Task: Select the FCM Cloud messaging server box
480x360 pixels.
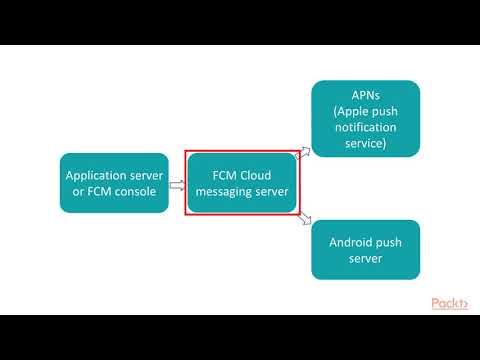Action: pyautogui.click(x=241, y=182)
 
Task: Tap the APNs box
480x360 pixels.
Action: pyautogui.click(x=365, y=118)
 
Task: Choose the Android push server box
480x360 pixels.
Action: pyautogui.click(x=365, y=250)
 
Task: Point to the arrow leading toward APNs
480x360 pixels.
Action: pyautogui.click(x=304, y=152)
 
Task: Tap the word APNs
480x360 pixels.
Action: pyautogui.click(x=365, y=97)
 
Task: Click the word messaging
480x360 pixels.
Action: pyautogui.click(x=226, y=191)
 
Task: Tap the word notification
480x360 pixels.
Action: pyautogui.click(x=365, y=129)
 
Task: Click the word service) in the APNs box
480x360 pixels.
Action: pyautogui.click(x=365, y=145)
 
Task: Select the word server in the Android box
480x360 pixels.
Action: pyautogui.click(x=365, y=259)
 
